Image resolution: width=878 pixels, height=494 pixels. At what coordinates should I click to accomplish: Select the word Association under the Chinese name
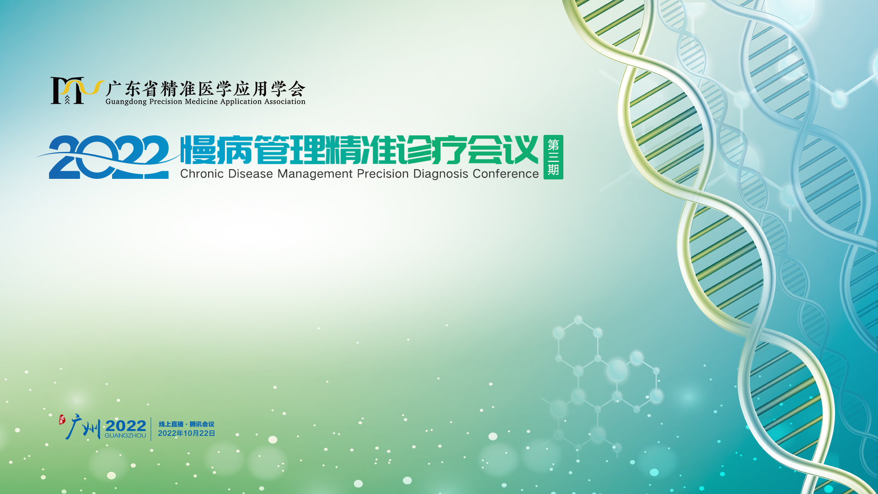coord(285,102)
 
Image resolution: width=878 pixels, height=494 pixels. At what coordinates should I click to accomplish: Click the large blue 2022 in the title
coord(109,157)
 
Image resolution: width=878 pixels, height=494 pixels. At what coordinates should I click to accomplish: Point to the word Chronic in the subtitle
coord(202,174)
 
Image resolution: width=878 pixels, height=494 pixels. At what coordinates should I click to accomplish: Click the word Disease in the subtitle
coord(251,174)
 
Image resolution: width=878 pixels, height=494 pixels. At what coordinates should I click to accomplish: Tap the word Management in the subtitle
coord(315,174)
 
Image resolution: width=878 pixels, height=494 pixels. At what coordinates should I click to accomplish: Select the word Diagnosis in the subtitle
coord(441,174)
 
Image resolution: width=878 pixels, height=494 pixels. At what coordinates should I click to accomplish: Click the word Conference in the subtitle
coord(506,174)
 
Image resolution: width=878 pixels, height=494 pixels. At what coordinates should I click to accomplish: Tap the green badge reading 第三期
coord(553,157)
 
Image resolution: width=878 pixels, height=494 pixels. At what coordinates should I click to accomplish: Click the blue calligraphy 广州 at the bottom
coord(83,427)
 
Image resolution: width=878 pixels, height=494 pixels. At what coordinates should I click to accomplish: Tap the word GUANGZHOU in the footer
coord(125,435)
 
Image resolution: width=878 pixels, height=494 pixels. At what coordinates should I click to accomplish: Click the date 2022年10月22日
coord(187,433)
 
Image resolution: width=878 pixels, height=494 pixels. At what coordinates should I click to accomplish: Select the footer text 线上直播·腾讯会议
coord(187,424)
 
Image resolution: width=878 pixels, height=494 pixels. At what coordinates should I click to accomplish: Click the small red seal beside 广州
coord(62,419)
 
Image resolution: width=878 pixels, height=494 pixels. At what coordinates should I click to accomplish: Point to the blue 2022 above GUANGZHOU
coord(126,426)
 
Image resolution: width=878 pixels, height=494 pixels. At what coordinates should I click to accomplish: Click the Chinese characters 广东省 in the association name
coord(133,88)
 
